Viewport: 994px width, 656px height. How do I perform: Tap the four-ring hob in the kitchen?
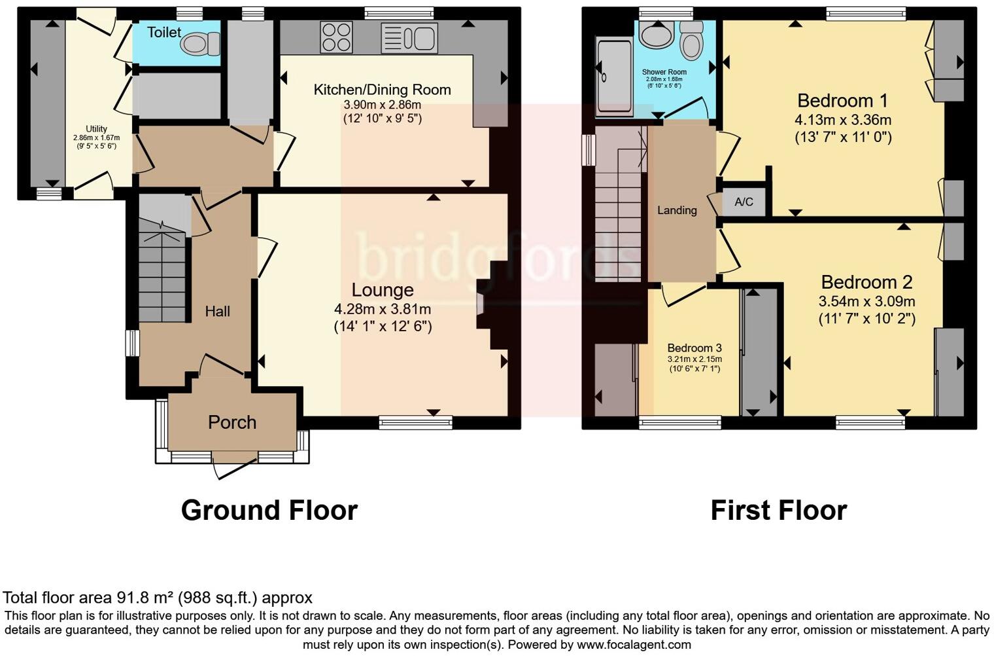tap(336, 37)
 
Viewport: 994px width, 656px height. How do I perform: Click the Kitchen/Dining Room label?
tap(382, 90)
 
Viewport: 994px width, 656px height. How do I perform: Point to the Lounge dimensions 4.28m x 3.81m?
tap(383, 309)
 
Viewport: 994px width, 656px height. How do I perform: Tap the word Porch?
tap(231, 422)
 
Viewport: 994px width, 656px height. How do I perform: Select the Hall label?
tap(217, 312)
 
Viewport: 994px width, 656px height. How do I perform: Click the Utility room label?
tap(96, 129)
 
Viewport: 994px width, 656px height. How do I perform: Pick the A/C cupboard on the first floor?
tap(744, 202)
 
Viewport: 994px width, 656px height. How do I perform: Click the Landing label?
tap(677, 210)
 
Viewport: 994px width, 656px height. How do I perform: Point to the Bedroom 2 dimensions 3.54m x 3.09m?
tap(866, 301)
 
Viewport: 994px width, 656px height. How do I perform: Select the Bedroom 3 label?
tap(694, 348)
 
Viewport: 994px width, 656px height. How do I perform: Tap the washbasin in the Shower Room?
tap(655, 34)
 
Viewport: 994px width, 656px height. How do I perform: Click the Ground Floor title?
tap(269, 510)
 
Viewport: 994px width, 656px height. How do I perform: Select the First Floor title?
tap(778, 510)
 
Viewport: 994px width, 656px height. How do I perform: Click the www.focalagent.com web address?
tap(634, 644)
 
